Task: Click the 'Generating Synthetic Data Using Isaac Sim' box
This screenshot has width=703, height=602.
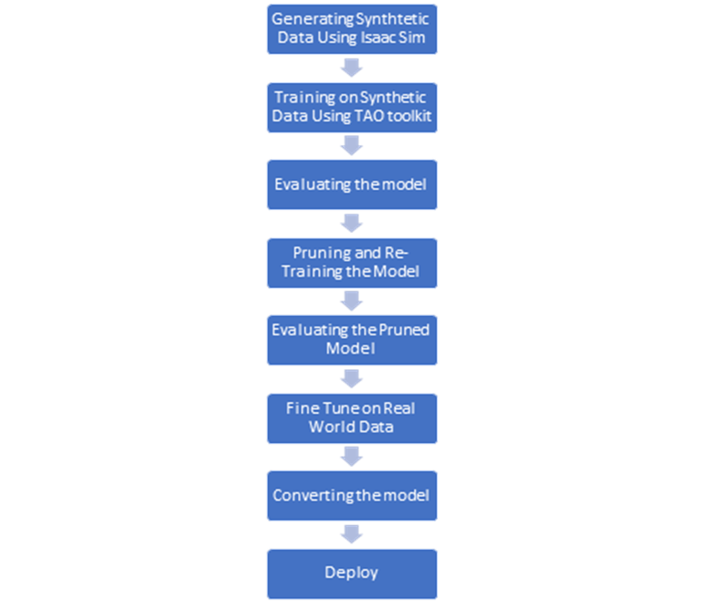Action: (x=352, y=29)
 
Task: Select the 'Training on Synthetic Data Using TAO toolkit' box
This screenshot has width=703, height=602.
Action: (x=352, y=108)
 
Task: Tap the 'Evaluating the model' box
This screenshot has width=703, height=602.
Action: (x=352, y=185)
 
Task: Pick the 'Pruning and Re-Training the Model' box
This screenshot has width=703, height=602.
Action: (x=352, y=263)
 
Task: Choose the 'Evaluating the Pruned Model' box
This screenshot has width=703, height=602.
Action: (x=352, y=340)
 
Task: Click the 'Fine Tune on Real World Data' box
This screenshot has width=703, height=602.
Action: (x=352, y=418)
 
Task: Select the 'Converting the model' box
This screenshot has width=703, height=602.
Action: (x=352, y=495)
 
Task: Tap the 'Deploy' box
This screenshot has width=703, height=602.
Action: (x=352, y=574)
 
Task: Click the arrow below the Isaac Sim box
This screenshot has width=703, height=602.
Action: (x=351, y=69)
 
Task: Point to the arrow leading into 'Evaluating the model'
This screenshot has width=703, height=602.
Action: (x=351, y=145)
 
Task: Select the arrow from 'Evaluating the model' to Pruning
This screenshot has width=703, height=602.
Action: (x=351, y=223)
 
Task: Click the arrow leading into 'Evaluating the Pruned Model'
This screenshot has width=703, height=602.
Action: (x=351, y=301)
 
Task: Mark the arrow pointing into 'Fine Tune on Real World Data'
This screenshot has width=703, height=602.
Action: (x=351, y=379)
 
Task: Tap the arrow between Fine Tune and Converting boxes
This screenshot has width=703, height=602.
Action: (x=351, y=457)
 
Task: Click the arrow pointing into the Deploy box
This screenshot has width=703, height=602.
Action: (x=351, y=534)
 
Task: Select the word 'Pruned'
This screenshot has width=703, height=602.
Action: (x=404, y=330)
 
